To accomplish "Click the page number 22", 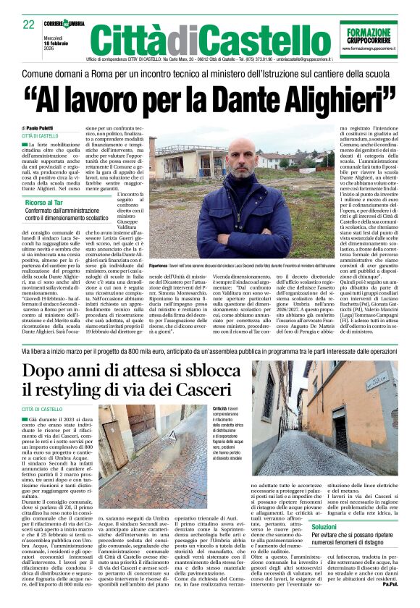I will (30, 25).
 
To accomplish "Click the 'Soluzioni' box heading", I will (328, 547).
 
